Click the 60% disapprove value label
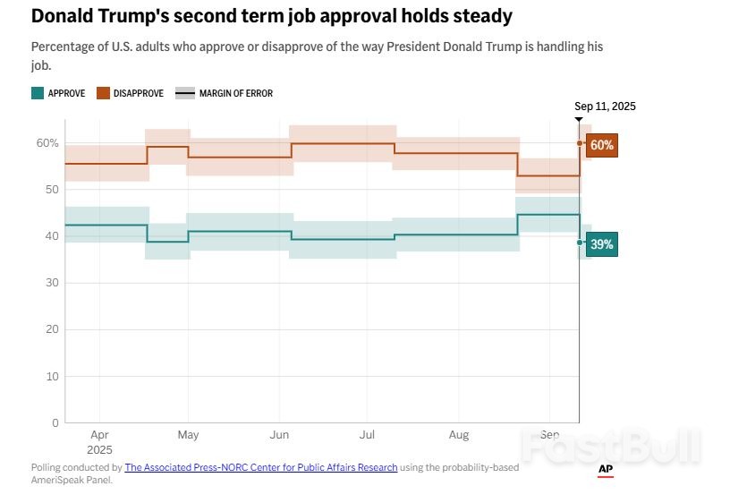(x=602, y=144)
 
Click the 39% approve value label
(x=602, y=243)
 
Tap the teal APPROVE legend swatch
(x=37, y=93)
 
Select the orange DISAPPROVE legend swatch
(x=104, y=93)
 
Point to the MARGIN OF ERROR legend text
(x=235, y=93)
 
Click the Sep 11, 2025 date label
(x=605, y=106)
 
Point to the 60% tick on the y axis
(x=47, y=143)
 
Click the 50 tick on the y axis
(x=53, y=190)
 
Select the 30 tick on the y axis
(x=53, y=283)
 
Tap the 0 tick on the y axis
(x=55, y=422)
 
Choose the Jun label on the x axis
(x=279, y=435)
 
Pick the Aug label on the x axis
(x=458, y=435)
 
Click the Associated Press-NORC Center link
(x=260, y=467)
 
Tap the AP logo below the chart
(x=606, y=469)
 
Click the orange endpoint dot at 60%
(x=580, y=143)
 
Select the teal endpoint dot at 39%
(x=580, y=243)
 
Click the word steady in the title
(x=480, y=16)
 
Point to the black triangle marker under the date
(x=579, y=119)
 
